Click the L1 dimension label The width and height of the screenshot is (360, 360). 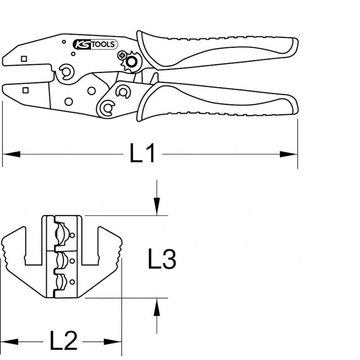[142, 153]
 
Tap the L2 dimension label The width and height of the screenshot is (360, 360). [63, 342]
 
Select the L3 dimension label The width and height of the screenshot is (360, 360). [162, 259]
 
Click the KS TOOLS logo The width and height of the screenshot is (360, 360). [95, 44]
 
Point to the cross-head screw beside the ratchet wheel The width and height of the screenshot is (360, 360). [122, 55]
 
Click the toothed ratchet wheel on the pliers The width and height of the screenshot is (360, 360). [131, 62]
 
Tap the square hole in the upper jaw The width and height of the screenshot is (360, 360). [24, 59]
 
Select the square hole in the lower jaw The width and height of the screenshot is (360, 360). [26, 90]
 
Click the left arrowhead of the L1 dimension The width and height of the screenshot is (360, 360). [11, 154]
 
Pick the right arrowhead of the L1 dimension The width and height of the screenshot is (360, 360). [288, 154]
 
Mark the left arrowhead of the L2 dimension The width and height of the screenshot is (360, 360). [9, 342]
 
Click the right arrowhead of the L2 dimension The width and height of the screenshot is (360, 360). [113, 342]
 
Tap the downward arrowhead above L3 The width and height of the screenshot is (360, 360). [157, 207]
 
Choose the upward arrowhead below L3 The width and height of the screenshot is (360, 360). [157, 307]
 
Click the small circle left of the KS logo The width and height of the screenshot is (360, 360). [64, 42]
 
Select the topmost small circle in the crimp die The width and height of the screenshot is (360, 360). [72, 235]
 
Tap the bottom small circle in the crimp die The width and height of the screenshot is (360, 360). [72, 282]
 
